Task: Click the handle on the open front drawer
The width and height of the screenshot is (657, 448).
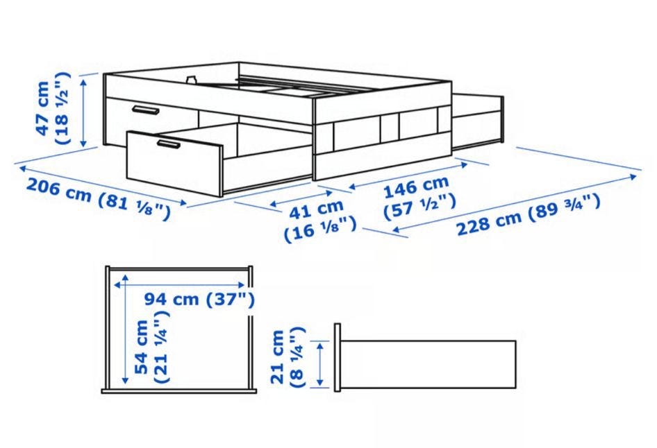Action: (169, 145)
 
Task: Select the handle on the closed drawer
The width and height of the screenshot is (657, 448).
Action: (145, 110)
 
